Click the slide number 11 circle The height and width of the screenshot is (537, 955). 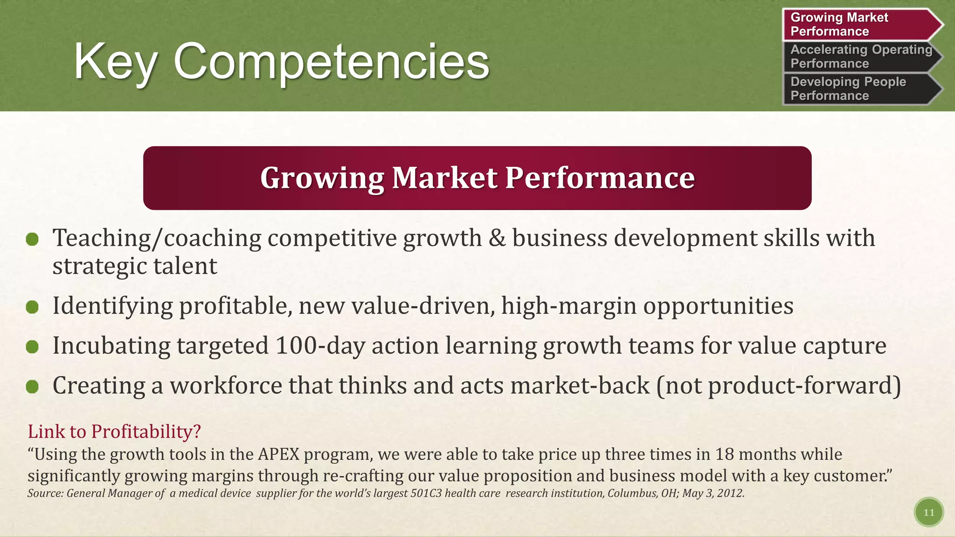coord(928,512)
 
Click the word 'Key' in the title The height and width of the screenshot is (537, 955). coord(115,62)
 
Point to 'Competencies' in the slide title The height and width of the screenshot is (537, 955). coord(331,62)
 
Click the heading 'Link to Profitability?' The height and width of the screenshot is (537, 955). coord(114,431)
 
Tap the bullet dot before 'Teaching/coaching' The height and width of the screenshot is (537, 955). coord(32,240)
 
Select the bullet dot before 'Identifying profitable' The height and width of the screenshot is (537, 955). coord(32,307)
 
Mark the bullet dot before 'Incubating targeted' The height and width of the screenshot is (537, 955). coord(32,347)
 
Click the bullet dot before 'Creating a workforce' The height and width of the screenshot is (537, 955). coord(32,386)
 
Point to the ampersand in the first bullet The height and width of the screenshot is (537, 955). coord(497,238)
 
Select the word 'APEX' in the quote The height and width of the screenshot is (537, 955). coord(278,454)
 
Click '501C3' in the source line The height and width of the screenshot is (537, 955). coord(426,493)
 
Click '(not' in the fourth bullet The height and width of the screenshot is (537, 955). coord(679,386)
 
